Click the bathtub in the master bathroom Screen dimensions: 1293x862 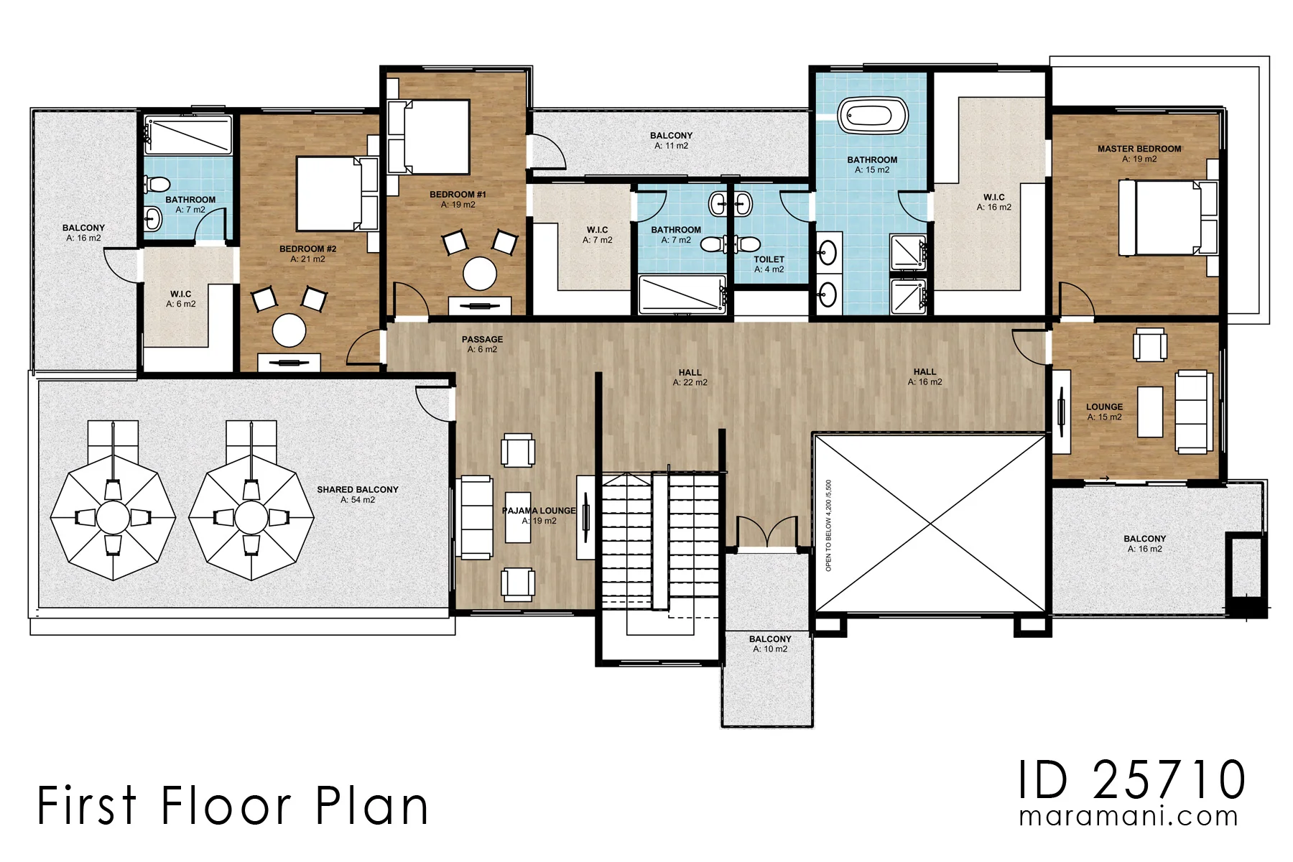873,116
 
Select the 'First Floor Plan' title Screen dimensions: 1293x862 233,805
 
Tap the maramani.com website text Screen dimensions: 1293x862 1129,817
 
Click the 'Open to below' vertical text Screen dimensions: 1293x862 829,526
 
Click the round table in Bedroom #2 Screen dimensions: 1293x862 289,330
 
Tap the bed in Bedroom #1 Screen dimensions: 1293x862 427,137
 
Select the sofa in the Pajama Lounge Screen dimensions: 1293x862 476,517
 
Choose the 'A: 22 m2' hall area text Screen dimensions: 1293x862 690,383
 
